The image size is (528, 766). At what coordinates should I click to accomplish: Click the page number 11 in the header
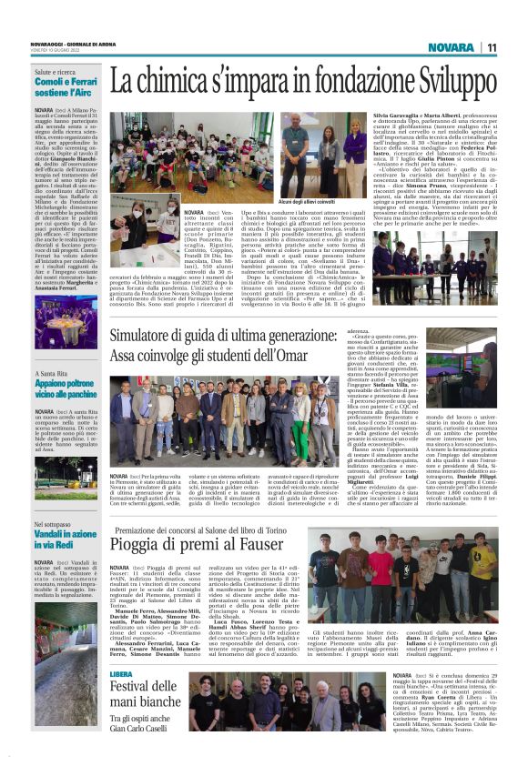(x=492, y=47)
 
